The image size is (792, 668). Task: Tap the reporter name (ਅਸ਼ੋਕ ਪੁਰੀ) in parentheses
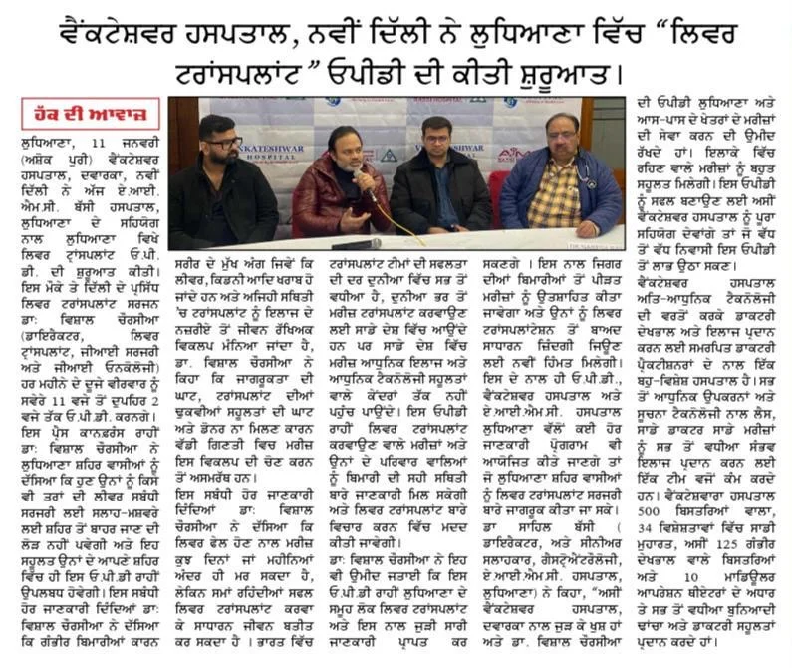[x=54, y=160]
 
